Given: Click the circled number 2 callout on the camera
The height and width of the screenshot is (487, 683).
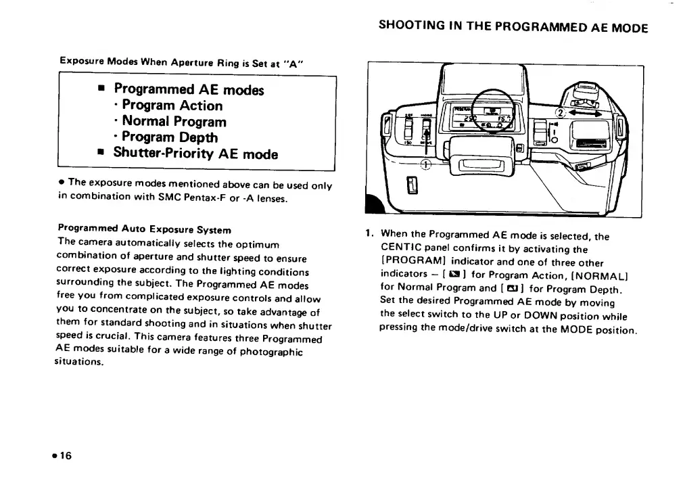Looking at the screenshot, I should click(560, 113).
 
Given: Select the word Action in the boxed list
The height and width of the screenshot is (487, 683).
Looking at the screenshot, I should click(197, 106).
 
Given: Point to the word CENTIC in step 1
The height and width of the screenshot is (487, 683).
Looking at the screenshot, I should click(401, 250).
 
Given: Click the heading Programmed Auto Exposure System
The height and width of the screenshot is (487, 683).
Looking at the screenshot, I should click(145, 230).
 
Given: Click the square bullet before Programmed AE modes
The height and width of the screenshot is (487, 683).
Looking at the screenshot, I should click(99, 89).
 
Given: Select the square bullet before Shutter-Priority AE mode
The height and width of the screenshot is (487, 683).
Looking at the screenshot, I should click(99, 154).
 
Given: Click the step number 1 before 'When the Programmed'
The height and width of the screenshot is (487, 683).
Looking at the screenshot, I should click(369, 235).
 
